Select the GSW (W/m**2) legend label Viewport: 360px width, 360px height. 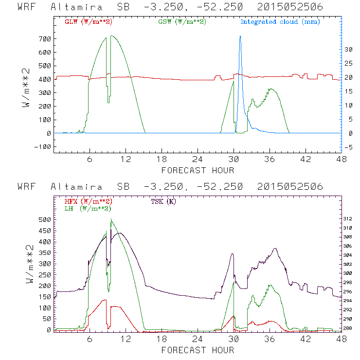pos(182,22)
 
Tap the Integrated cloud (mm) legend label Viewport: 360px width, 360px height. pos(280,22)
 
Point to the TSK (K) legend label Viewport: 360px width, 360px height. pos(163,201)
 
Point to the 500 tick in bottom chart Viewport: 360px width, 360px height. pos(44,219)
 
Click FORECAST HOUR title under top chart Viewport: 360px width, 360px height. pos(198,170)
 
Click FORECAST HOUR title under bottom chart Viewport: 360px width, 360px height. pos(198,350)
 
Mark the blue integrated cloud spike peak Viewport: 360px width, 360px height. pos(240,36)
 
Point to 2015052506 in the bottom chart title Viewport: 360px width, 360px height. pos(290,187)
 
